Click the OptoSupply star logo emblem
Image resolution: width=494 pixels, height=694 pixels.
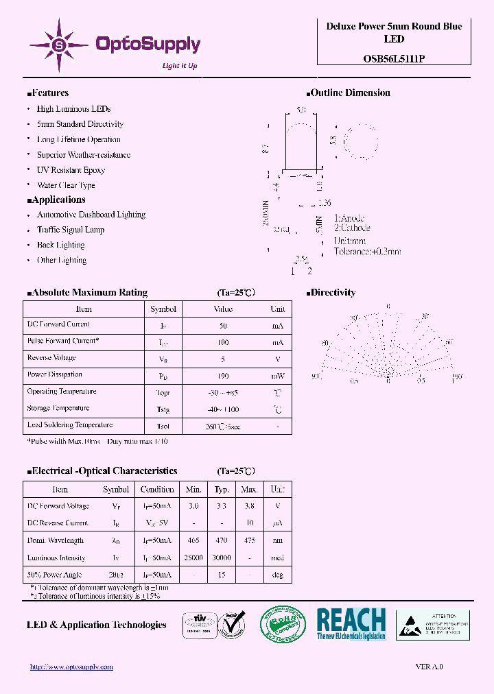(x=59, y=45)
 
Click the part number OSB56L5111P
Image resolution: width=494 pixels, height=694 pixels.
(x=394, y=59)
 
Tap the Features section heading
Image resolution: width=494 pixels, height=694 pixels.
(x=48, y=93)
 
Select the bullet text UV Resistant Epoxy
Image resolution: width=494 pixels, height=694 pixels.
(x=71, y=170)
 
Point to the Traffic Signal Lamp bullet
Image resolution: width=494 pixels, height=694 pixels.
(x=71, y=230)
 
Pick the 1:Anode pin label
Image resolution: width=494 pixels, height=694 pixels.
(x=349, y=218)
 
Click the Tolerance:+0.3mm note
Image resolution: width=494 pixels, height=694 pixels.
(x=367, y=252)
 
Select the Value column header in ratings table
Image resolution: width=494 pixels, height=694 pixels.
(x=223, y=309)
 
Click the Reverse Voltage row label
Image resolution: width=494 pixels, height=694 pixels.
(x=51, y=358)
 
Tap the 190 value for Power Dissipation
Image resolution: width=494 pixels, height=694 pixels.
(x=223, y=376)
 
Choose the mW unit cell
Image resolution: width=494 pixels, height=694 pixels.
(x=277, y=376)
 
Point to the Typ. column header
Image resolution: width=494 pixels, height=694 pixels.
(x=222, y=490)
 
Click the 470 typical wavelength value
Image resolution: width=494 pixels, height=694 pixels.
(x=222, y=541)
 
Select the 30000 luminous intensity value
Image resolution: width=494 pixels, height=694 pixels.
(x=222, y=558)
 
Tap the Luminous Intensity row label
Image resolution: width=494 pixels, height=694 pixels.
(x=56, y=558)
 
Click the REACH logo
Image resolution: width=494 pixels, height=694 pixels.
(x=351, y=623)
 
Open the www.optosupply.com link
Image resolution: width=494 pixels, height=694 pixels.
(x=72, y=667)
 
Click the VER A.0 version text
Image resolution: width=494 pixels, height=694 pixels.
(x=430, y=667)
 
